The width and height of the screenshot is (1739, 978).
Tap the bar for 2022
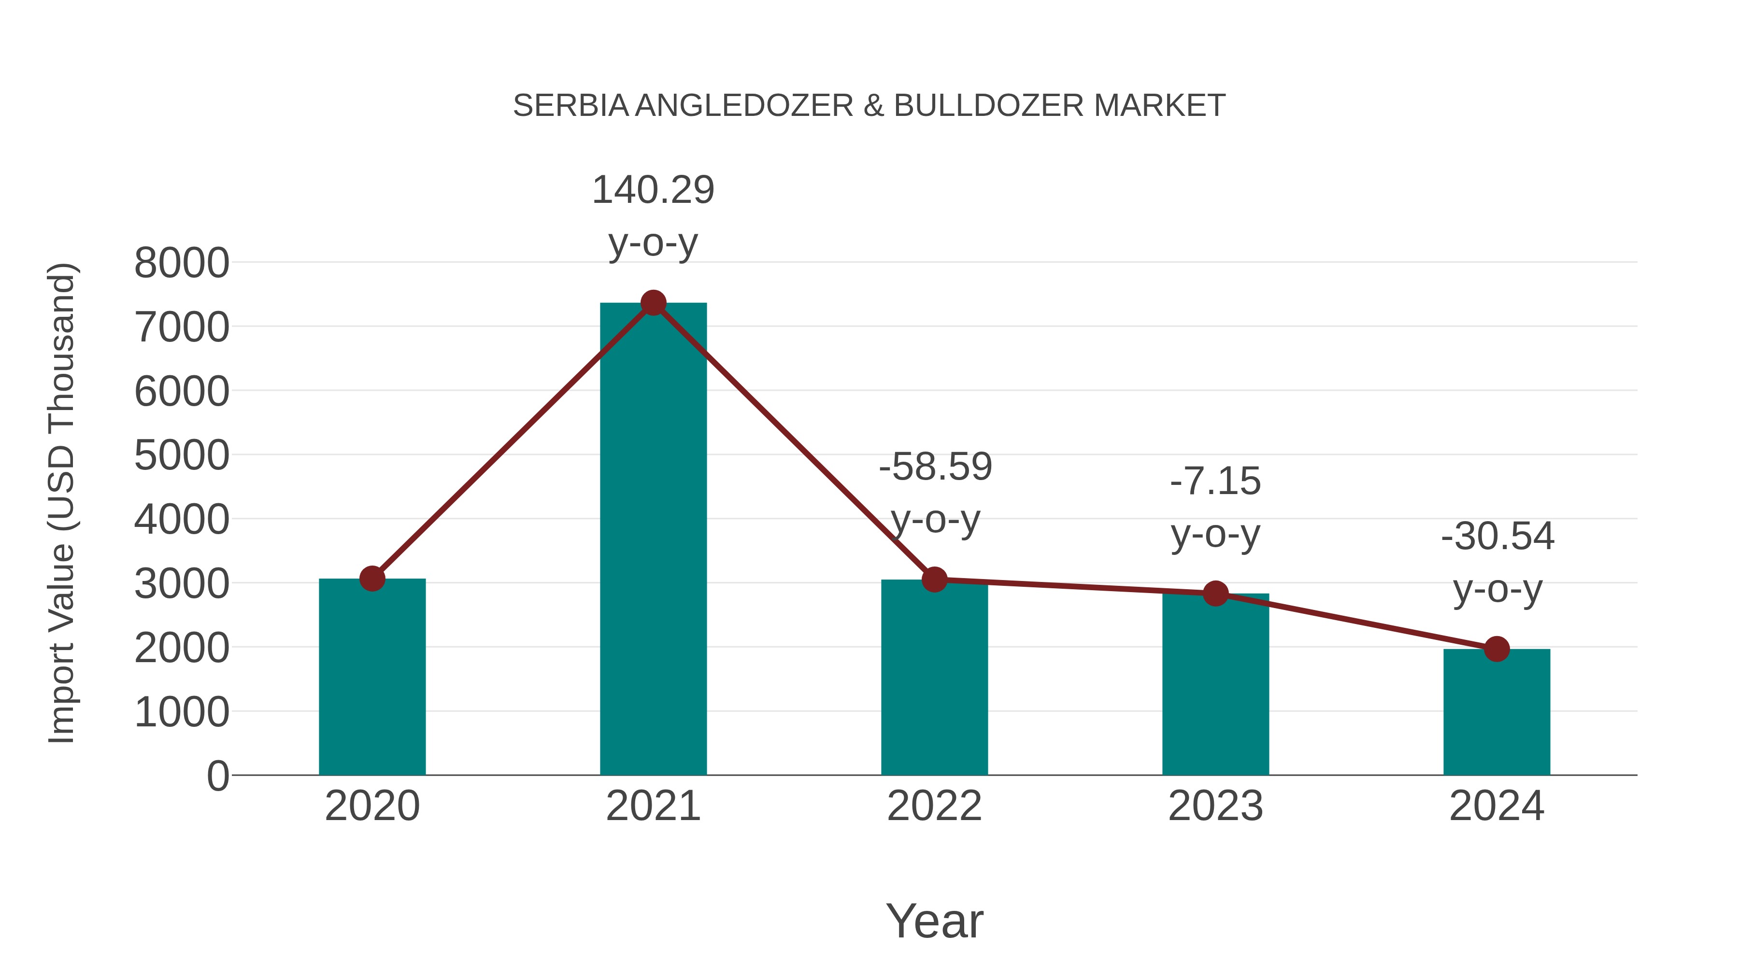tap(934, 677)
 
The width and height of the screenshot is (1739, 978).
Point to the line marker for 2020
tap(372, 579)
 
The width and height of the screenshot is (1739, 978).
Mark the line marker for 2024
tap(1496, 649)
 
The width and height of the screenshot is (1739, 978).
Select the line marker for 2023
tap(1215, 593)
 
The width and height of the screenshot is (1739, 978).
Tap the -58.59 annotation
tap(935, 467)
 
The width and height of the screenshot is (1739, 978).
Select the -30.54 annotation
tap(1497, 537)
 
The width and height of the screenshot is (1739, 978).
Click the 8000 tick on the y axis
tap(182, 263)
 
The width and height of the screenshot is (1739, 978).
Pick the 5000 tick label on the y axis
tap(182, 455)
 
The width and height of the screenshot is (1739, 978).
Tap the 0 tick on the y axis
tap(217, 776)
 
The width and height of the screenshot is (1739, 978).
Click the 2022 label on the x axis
tap(934, 806)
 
